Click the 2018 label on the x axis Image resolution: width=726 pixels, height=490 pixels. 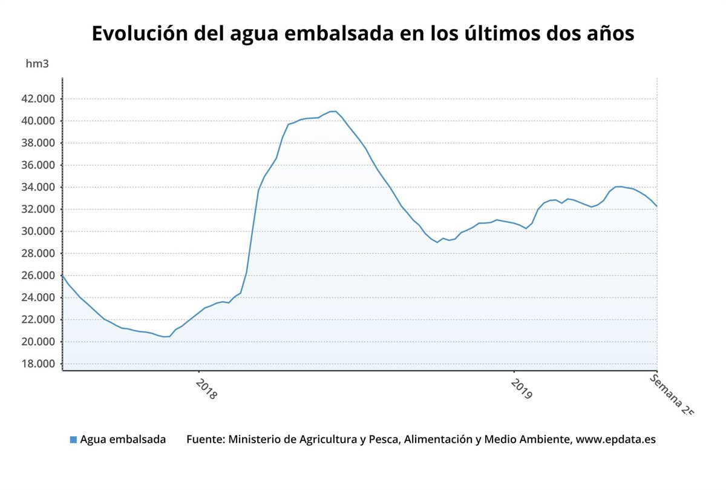(206, 388)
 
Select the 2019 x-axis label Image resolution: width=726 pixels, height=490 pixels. (521, 388)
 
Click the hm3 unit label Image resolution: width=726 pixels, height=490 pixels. (37, 64)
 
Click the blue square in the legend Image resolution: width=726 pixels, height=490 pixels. (73, 440)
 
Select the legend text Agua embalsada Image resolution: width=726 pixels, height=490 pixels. (123, 440)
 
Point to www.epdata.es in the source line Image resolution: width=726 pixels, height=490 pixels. (615, 440)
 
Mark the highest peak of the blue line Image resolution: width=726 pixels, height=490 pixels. (333, 111)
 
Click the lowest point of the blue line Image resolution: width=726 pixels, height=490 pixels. (166, 337)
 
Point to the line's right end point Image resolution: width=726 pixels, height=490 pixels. (657, 207)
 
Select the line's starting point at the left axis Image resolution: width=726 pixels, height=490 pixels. (63, 276)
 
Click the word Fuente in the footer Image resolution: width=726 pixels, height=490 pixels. (204, 440)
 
